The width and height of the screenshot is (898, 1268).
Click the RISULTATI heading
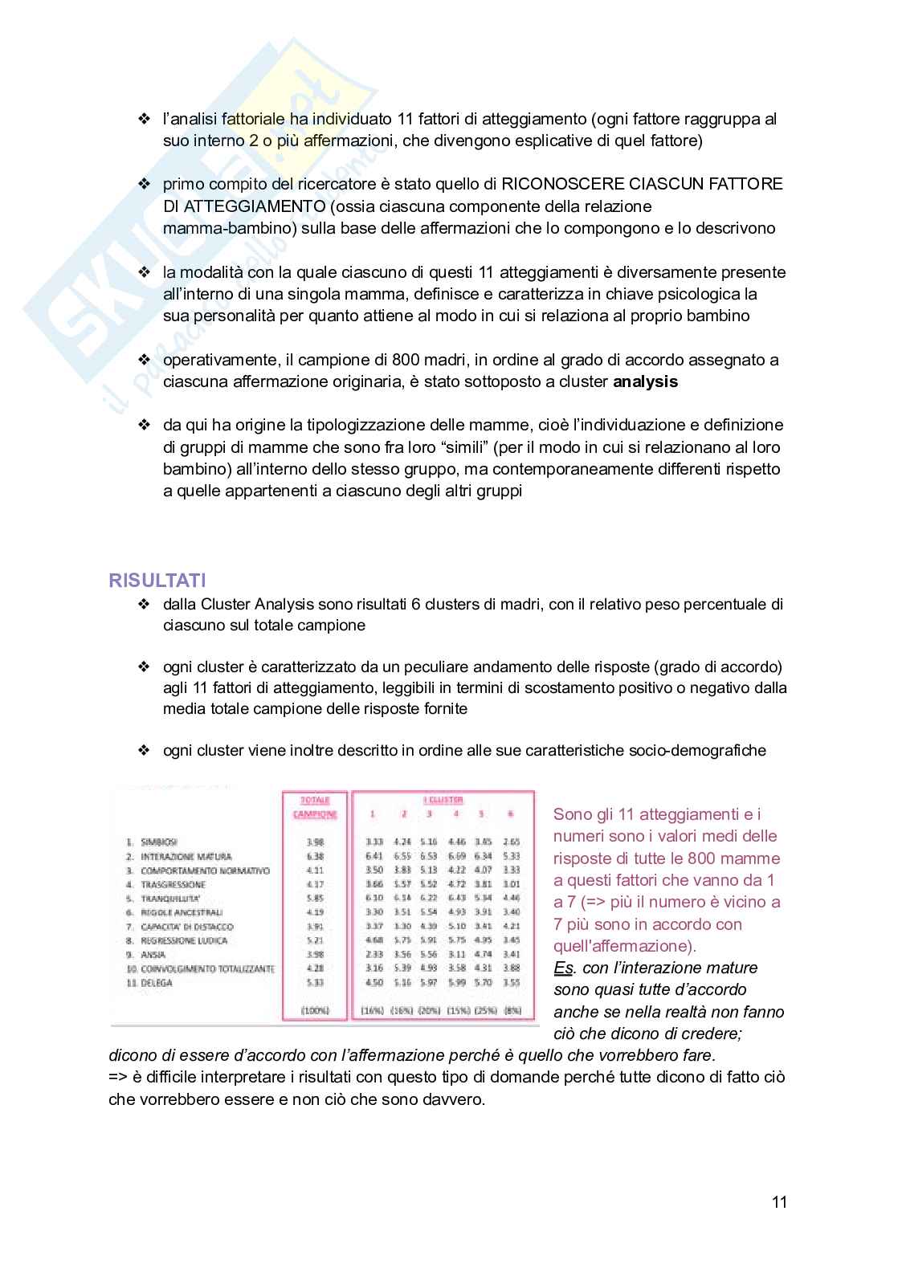[157, 580]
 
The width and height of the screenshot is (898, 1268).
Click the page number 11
[779, 1202]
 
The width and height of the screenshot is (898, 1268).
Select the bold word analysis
[645, 381]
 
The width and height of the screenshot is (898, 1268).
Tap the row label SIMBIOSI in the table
[158, 842]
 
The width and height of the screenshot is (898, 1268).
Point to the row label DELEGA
[157, 983]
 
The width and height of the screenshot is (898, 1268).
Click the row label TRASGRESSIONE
[173, 885]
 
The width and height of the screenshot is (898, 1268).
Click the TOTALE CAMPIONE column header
[315, 807]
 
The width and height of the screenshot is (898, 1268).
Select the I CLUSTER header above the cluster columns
[443, 800]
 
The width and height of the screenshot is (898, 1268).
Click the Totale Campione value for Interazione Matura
[315, 857]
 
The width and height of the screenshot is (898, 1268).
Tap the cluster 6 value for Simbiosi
[511, 842]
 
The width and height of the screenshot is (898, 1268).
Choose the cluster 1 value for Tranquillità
[373, 899]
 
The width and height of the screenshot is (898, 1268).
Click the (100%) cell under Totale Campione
[315, 1010]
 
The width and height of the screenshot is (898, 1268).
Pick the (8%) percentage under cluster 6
[512, 1010]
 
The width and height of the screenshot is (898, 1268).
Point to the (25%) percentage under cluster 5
[483, 1010]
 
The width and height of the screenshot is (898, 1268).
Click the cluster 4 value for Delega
[456, 983]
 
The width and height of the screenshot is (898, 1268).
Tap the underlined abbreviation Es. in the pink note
[563, 968]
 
